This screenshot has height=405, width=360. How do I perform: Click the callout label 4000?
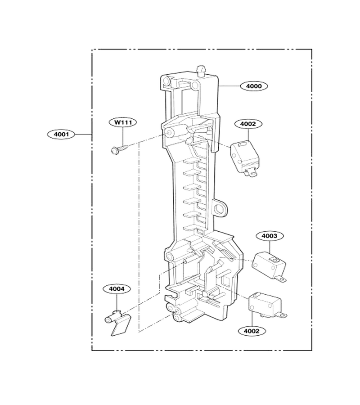click(254, 86)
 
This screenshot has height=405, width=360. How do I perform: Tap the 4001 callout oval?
click(61, 134)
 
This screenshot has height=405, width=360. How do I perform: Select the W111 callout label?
click(123, 122)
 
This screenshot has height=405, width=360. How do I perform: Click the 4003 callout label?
click(270, 236)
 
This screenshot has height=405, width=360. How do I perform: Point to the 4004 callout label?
click(117, 289)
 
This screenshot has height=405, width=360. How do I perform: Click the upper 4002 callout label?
click(248, 124)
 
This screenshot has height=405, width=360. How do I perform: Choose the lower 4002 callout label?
click(252, 331)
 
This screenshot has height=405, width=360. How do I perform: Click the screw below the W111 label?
click(119, 149)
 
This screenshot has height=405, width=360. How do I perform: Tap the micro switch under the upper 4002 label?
click(244, 158)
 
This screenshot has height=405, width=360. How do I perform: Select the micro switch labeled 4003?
click(269, 268)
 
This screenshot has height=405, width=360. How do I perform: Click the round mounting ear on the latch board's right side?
click(220, 207)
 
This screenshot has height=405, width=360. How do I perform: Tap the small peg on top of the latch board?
click(201, 71)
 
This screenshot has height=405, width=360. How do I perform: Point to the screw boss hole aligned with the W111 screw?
click(169, 133)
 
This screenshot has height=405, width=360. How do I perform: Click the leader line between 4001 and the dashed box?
click(83, 134)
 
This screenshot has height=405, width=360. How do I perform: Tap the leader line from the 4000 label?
click(229, 85)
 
